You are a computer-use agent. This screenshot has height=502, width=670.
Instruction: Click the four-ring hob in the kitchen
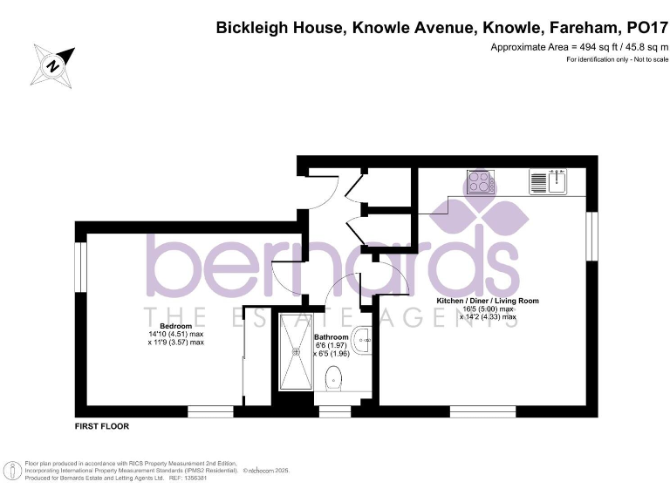[479, 183]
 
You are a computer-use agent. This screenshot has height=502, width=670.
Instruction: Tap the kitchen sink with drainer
[549, 182]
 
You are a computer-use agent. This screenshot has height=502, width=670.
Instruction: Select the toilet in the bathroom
[332, 378]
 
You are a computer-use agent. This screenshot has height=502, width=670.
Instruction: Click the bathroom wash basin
[366, 336]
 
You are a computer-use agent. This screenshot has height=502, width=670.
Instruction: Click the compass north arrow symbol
[52, 64]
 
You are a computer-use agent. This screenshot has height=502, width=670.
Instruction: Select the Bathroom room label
[331, 337]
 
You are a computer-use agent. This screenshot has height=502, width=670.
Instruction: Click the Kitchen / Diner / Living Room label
[487, 301]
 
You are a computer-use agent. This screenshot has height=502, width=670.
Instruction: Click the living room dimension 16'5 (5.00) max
[488, 309]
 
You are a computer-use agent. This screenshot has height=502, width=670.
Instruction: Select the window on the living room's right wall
[593, 234]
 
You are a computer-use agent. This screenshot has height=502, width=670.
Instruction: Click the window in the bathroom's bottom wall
[332, 409]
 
